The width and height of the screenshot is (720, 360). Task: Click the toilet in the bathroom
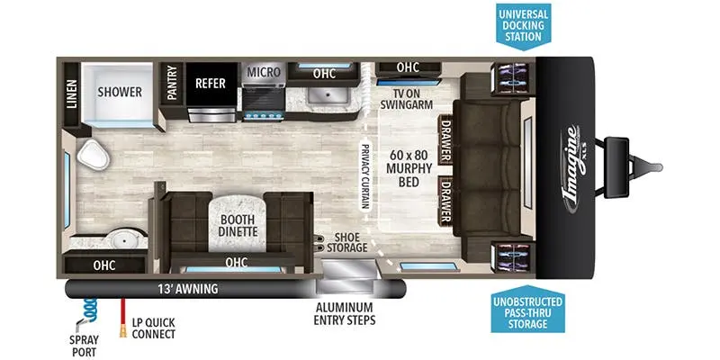pos(94,155)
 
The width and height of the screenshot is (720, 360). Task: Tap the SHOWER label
pos(120,92)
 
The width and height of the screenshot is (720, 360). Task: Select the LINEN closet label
pos(72,94)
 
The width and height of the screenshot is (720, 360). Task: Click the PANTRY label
pos(172,83)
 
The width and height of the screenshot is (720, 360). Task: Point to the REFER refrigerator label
pos(211,83)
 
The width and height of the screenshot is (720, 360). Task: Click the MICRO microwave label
pos(264,72)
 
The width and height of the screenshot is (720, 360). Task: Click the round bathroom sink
pos(122,238)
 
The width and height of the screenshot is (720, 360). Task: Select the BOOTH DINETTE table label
pos(238,225)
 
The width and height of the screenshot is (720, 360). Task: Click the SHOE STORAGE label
pos(347,242)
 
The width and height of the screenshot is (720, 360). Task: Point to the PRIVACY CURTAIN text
pos(365,176)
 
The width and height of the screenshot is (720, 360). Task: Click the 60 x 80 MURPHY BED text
pos(409,168)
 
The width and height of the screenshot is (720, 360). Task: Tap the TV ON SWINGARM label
pos(406,98)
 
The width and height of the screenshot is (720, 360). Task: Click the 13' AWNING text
pos(188,289)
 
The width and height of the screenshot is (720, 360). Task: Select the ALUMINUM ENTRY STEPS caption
pos(345,313)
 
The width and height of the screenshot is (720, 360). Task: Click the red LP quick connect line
pos(123,318)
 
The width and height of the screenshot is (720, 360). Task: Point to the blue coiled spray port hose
pos(90,309)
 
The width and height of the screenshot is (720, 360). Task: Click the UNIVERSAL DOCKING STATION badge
pos(524,27)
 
